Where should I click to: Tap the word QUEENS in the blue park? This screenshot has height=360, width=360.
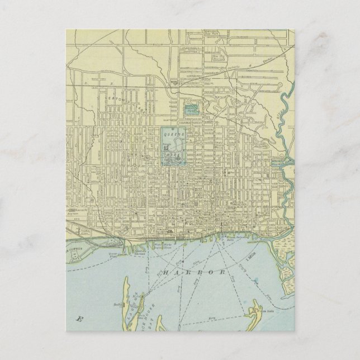(173, 134)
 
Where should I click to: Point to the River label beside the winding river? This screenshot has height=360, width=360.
(278, 115)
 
